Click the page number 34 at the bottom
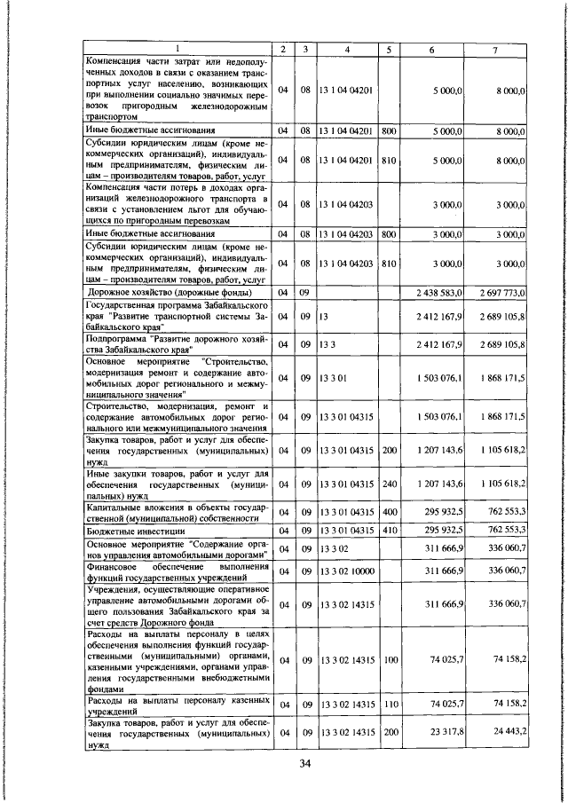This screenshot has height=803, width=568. pyautogui.click(x=304, y=764)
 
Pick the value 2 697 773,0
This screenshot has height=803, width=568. pyautogui.click(x=503, y=291)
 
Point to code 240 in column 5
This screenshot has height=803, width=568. pyautogui.click(x=389, y=487)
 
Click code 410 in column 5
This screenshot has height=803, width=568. pyautogui.click(x=389, y=530)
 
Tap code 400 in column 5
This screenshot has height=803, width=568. pyautogui.click(x=389, y=512)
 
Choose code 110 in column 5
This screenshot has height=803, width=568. pyautogui.click(x=389, y=704)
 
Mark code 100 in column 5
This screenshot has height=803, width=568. pyautogui.click(x=389, y=660)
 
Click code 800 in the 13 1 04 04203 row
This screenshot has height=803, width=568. pyautogui.click(x=389, y=233)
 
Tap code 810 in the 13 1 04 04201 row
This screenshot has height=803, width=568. pyautogui.click(x=389, y=161)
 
